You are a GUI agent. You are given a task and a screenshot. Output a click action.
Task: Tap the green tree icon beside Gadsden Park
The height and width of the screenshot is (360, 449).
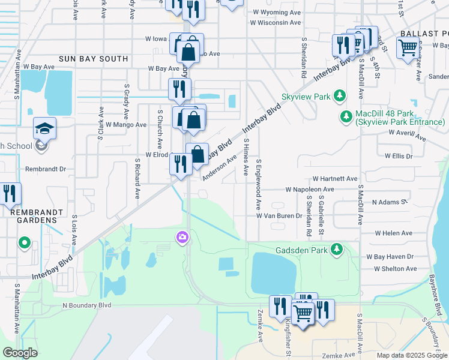coord(337,248)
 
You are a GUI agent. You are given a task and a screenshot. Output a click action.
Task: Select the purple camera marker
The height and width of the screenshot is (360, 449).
coord(182,238)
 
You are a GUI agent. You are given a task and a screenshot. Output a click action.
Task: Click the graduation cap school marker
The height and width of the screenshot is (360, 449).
coord(44,129)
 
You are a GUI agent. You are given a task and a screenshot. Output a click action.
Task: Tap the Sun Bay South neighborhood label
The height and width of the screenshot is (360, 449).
coord(93,59)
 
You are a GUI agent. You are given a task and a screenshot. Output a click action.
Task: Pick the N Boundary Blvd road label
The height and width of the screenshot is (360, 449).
coord(87,305)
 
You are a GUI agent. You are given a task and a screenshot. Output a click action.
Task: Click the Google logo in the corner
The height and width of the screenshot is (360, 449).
coord(20,353)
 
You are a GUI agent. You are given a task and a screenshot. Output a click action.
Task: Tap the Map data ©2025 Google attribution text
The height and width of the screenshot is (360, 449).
coord(411,355)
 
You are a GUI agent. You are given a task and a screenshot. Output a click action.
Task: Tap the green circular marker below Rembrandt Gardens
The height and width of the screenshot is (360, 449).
coord(24,244)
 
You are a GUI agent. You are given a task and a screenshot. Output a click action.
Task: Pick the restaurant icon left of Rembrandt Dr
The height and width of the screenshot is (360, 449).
coord(10,193)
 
